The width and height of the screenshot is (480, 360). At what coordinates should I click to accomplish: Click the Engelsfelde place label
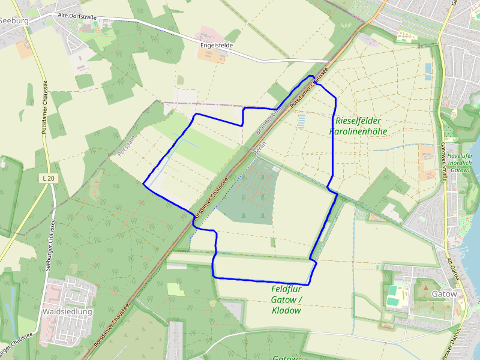216,45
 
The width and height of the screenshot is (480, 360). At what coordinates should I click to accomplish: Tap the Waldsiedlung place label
67,312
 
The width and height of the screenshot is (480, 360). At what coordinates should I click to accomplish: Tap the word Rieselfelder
358,121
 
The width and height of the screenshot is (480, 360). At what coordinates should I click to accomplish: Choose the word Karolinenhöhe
358,131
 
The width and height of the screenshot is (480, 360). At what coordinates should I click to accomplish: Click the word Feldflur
286,289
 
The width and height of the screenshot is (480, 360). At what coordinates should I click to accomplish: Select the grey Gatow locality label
444,294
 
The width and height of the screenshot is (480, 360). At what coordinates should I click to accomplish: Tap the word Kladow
286,310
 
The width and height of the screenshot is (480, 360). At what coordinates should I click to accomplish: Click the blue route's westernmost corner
143,184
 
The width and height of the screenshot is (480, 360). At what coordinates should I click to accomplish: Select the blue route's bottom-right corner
309,284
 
